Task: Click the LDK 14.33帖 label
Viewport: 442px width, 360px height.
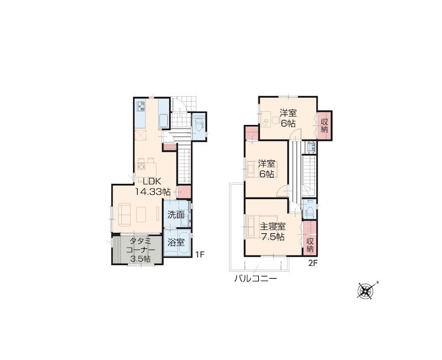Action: point(153,186)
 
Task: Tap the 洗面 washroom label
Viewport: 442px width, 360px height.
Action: point(176,215)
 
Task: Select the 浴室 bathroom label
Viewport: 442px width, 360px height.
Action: point(176,242)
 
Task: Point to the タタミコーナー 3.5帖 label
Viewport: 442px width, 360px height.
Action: point(140,250)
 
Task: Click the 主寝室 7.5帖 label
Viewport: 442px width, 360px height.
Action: point(272,232)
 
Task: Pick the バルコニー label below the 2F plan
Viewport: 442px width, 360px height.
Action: point(256,279)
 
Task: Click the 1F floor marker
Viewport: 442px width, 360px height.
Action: point(200,254)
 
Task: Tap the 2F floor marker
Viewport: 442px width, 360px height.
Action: point(313,263)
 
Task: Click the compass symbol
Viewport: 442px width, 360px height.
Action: point(366,291)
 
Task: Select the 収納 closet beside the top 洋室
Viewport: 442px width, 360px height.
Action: point(325,126)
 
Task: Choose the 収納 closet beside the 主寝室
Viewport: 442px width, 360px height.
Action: point(310,238)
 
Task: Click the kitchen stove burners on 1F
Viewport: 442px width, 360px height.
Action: point(141,106)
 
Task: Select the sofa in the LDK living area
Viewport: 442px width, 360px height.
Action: point(124,215)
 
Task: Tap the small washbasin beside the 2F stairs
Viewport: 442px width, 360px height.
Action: point(311,147)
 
